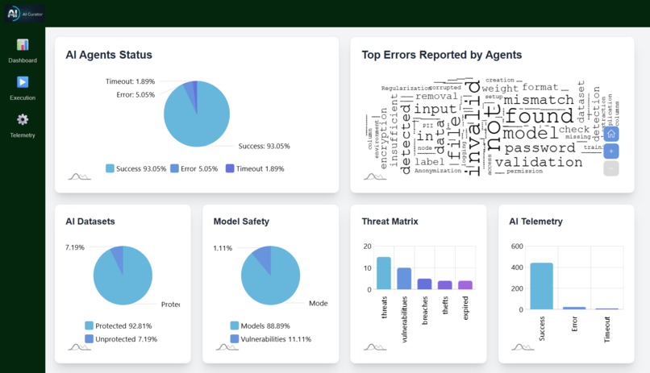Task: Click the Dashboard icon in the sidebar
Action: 23,45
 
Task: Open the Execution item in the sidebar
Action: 23,82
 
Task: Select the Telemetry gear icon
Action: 23,119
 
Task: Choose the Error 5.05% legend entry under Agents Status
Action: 194,169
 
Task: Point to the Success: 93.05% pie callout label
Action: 264,146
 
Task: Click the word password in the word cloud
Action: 540,147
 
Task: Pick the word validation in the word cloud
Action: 538,162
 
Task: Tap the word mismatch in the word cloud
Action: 538,100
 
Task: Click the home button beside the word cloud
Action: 611,134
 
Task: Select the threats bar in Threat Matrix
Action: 383,273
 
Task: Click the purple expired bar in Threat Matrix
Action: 465,284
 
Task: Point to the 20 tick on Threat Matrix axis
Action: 368,247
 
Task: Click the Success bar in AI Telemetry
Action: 541,286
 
